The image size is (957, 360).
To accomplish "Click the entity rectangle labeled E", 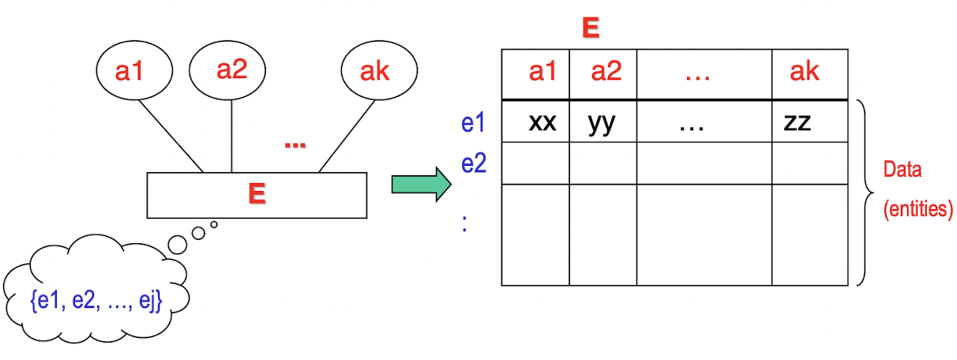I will click(x=257, y=195).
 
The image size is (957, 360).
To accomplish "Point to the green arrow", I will click(x=421, y=184).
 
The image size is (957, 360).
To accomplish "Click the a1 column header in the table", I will click(x=542, y=73).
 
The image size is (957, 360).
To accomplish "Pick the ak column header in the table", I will click(x=805, y=73).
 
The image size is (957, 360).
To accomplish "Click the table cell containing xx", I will click(x=542, y=122).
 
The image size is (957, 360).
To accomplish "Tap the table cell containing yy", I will click(x=602, y=122).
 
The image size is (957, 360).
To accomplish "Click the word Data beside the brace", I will click(x=903, y=171).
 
